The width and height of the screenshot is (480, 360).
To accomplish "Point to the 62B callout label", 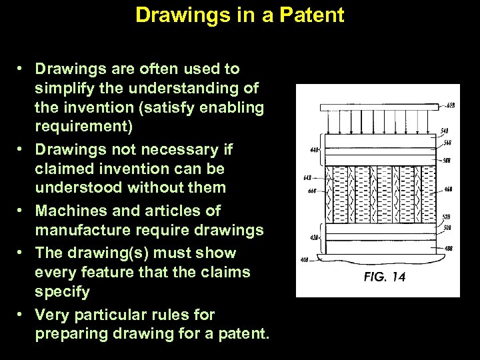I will click(451, 106).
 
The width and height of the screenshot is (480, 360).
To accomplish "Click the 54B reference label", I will click(444, 131).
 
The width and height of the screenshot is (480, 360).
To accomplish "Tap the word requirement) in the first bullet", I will click(84, 127).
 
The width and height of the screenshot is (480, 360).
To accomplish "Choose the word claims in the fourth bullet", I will click(226, 272).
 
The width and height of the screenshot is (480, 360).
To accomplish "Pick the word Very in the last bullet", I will click(51, 314).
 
